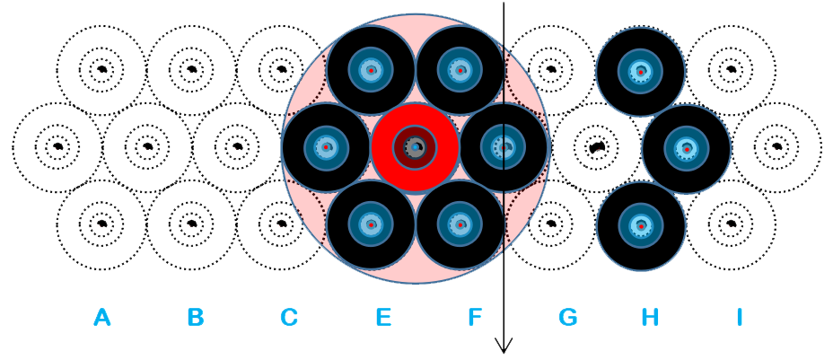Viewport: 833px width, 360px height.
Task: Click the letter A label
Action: point(102,317)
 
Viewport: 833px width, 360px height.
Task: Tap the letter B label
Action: point(196,317)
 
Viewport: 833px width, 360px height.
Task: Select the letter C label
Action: point(288,317)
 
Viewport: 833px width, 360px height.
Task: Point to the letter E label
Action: point(383,317)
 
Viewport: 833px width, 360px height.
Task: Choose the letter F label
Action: point(475,317)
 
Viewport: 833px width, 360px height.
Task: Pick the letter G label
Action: point(567,317)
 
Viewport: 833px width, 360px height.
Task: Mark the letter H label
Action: point(650,317)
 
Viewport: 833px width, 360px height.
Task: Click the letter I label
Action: point(739,317)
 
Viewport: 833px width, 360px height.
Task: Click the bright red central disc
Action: point(415,147)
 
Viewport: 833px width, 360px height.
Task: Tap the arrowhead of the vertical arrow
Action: point(504,345)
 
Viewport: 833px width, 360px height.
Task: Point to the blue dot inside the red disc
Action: point(415,146)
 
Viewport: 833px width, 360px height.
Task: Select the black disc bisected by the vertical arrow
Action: point(504,147)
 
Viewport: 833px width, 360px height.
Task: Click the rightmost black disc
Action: point(687,149)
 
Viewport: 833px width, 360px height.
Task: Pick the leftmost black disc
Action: point(326,147)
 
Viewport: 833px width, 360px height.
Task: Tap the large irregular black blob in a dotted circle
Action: point(597,147)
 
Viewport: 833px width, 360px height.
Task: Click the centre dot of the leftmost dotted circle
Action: point(58,146)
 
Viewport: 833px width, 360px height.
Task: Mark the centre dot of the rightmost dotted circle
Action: point(777,146)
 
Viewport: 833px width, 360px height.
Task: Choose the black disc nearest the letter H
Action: point(641,227)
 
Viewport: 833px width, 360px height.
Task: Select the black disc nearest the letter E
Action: point(371,224)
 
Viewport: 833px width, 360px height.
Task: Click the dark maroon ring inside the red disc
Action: point(415,129)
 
